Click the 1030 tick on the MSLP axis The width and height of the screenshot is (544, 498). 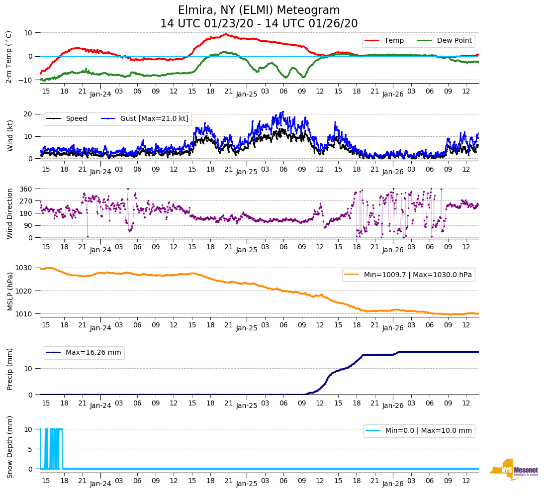[25, 268]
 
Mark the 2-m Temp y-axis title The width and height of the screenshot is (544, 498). [8, 57]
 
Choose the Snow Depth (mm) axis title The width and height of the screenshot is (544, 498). [9, 447]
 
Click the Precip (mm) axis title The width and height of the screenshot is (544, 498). [9, 368]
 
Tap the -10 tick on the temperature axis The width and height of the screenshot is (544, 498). [25, 80]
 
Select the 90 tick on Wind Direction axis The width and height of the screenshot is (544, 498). [28, 225]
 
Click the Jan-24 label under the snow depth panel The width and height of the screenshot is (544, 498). [100, 483]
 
